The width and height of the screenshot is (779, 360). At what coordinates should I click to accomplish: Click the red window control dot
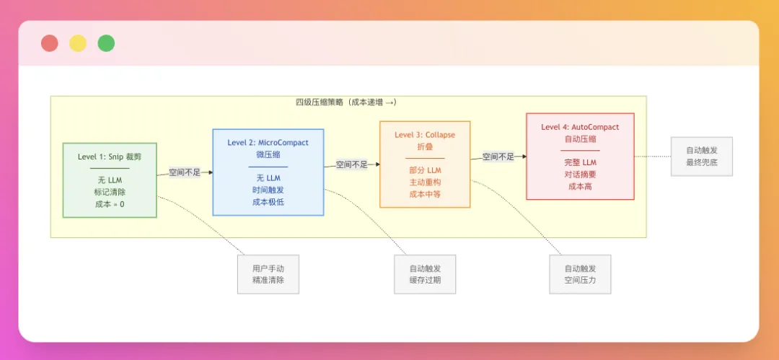[50, 43]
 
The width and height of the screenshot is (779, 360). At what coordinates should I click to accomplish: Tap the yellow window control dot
[78, 43]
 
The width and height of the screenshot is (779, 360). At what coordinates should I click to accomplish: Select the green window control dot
[106, 43]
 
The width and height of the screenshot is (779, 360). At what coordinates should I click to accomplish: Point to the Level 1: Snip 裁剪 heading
[110, 157]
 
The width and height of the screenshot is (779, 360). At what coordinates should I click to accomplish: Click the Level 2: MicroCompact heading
[268, 143]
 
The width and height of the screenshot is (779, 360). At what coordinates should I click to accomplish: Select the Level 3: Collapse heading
[425, 135]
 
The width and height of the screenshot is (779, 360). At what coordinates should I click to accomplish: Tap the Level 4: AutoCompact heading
[580, 127]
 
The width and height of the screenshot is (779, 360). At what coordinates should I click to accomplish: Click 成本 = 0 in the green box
[110, 204]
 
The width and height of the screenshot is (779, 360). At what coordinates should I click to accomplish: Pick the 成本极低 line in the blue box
[268, 202]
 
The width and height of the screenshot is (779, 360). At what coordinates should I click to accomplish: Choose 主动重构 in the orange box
[425, 182]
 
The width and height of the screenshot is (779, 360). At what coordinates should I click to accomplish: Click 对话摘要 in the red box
[580, 174]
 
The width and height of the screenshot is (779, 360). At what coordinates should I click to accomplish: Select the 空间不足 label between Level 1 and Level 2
[185, 172]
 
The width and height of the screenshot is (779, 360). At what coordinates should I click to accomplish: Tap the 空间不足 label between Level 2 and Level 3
[351, 164]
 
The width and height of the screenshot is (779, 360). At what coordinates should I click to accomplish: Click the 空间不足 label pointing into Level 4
[498, 157]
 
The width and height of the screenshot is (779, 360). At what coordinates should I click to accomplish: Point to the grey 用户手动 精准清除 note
[268, 274]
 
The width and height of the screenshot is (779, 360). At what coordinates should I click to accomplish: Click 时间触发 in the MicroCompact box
[268, 190]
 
